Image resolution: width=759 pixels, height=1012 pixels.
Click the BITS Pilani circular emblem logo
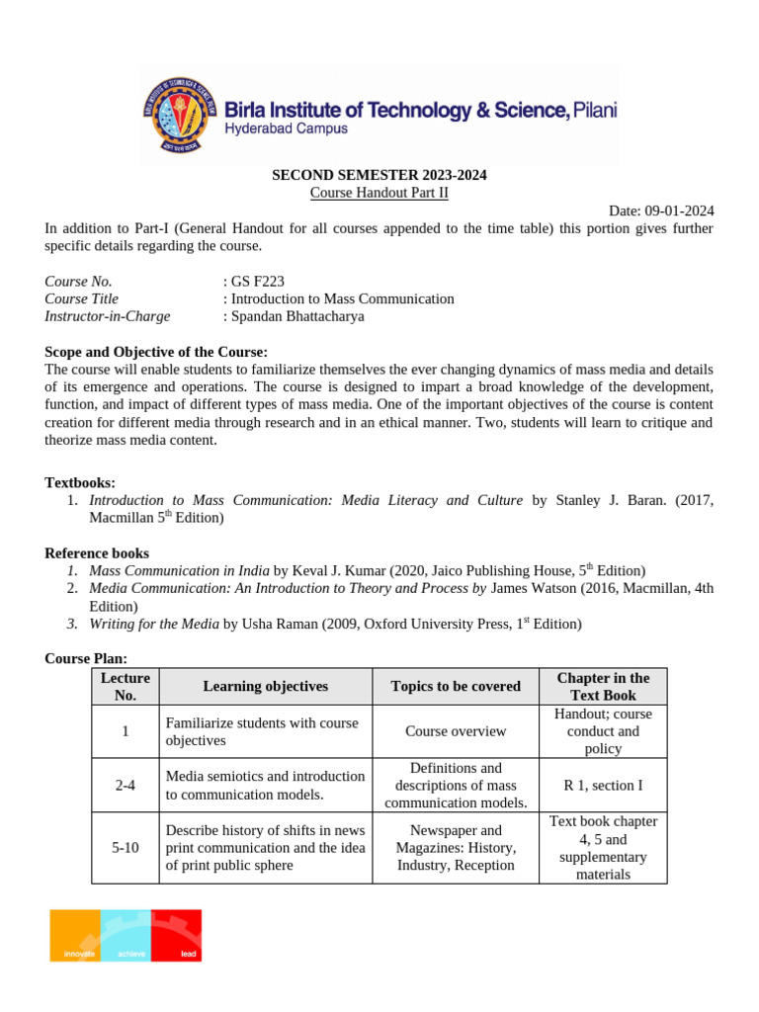[x=180, y=113]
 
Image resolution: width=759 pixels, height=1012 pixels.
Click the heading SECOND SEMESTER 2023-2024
[x=379, y=175]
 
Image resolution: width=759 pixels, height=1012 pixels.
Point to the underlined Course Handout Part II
[x=379, y=193]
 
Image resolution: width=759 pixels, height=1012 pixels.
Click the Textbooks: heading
[x=80, y=482]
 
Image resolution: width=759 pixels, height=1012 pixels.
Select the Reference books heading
[x=97, y=553]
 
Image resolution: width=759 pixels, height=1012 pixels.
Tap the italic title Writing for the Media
[x=153, y=625]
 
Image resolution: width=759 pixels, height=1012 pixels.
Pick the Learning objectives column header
[x=265, y=686]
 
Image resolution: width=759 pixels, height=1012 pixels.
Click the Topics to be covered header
[x=456, y=686]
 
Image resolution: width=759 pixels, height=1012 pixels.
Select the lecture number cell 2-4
[x=125, y=785]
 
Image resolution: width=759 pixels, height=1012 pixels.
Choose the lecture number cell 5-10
[x=125, y=848]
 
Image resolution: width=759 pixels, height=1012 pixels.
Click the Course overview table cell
[x=456, y=731]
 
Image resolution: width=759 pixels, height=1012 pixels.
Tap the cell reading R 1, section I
[x=603, y=785]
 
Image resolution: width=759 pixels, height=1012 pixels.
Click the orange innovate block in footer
[x=76, y=935]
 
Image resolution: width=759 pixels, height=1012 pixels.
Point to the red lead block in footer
[x=177, y=935]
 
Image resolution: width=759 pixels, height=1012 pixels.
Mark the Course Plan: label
[x=86, y=658]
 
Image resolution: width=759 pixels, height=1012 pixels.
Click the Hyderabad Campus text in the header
[x=286, y=129]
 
